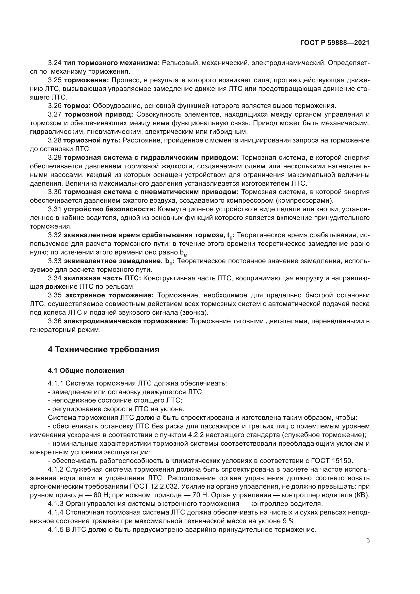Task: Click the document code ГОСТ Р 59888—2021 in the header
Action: pos(335,43)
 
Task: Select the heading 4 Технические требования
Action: pos(103,349)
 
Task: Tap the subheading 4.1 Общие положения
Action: pos(86,371)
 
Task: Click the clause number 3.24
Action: pos(55,63)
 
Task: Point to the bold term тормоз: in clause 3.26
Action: pos(77,106)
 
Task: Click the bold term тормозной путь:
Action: pos(92,140)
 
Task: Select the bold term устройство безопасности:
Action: pos(109,209)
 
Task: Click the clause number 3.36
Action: pos(55,321)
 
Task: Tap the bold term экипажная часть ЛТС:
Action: pos(102,278)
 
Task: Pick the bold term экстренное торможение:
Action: pos(109,295)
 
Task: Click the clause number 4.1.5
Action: pos(56,529)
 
